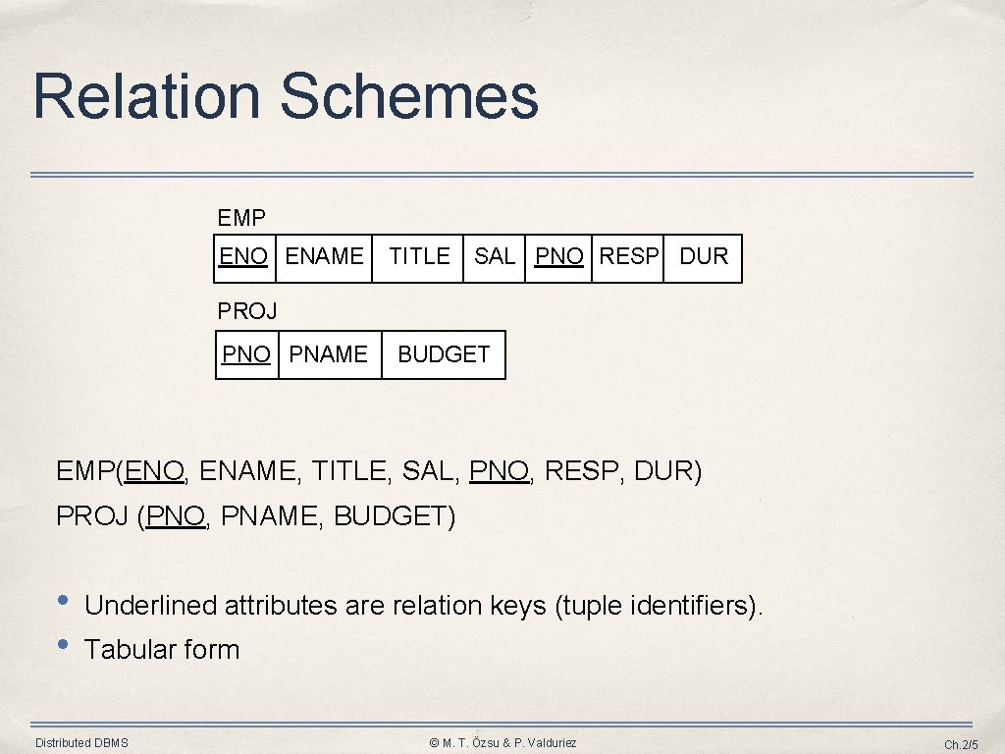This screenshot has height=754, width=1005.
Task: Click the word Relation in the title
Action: coord(146,96)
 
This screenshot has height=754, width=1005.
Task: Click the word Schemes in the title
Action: coord(409,96)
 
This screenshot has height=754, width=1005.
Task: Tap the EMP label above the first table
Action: coord(241,217)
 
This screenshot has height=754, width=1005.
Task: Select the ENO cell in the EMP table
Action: coord(243,257)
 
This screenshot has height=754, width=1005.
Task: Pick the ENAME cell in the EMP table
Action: coord(325,257)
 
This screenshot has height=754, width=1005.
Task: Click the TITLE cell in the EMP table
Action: coord(419,257)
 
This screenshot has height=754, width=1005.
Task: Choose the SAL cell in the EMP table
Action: coord(495,257)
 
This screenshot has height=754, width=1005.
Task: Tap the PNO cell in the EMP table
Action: coord(559,257)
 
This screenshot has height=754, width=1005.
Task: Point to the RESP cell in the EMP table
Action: coord(628,257)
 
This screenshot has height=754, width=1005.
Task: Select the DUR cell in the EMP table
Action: coord(704,257)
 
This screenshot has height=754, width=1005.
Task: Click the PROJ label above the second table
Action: coord(247,311)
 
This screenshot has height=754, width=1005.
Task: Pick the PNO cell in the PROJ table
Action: coord(246,354)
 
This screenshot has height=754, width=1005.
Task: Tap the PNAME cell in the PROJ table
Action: coord(330,354)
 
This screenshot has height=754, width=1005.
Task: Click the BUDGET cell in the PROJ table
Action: coord(444,354)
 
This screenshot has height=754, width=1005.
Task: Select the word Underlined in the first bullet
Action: coord(150,606)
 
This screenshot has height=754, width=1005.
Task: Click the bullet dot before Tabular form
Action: coord(63,645)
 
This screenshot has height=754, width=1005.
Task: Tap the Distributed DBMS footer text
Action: coord(81,743)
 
